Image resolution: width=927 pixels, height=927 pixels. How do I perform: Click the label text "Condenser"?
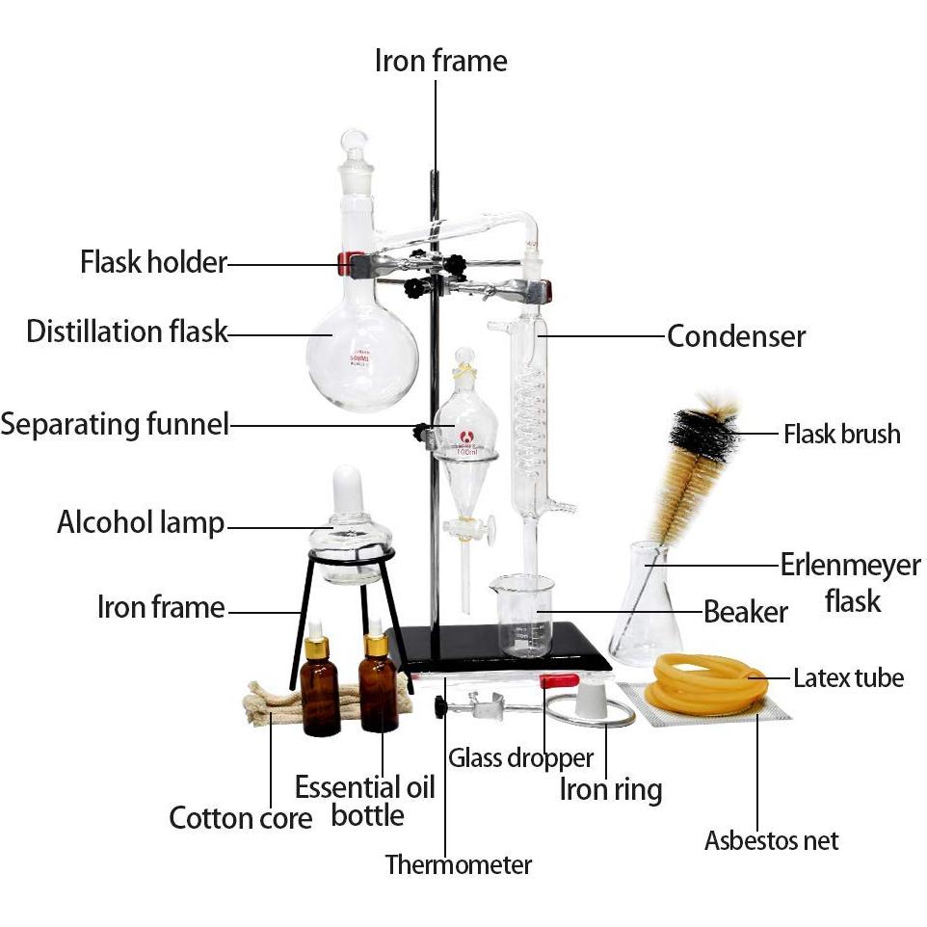pos(735,336)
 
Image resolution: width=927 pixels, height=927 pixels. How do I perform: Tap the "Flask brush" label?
pos(841,434)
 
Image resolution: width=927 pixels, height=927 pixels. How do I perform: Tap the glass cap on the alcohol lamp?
pos(347,491)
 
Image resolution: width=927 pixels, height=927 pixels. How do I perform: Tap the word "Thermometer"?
pos(458,864)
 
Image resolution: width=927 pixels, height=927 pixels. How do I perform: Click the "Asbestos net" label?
pos(771,840)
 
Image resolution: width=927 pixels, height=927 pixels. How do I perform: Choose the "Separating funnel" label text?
pos(115,423)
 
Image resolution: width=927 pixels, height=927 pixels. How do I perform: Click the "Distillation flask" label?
pos(126,331)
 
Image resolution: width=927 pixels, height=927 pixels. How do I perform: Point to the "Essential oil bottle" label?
pos(365,800)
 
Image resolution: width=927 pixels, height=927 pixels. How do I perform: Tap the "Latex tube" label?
pos(848,678)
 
